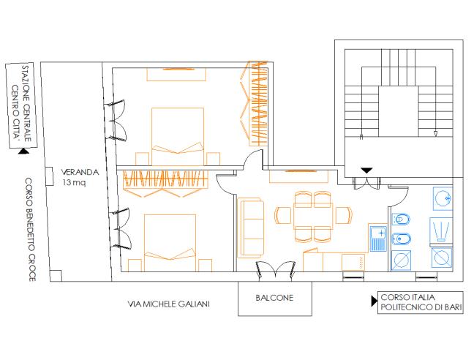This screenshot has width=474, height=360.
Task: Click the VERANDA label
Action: pos(80,172)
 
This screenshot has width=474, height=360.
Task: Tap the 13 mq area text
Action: pos(75,183)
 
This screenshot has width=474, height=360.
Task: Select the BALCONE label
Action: pos(274,298)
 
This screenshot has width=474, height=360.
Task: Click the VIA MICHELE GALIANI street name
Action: pos(169,304)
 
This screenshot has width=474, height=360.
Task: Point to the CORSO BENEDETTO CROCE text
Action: pos(29,230)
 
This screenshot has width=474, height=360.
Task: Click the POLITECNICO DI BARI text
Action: pos(421,307)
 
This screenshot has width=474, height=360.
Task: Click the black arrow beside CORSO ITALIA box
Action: pos(375,301)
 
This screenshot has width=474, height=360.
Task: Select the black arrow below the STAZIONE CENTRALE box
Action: pos(23,151)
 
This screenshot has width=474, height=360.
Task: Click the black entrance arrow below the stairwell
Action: pos(366,170)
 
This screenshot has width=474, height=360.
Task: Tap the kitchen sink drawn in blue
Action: pos(378,239)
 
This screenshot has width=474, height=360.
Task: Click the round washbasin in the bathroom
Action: pos(443,198)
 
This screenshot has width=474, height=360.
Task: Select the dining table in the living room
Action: pos(313,217)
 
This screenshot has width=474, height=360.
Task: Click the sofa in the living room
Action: pos(251,228)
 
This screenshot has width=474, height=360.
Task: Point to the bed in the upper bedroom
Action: pos(178,136)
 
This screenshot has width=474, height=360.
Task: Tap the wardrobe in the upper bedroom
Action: pos(258,104)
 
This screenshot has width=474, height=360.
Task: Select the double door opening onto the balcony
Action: pos(275,270)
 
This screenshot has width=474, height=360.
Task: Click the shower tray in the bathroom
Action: pos(441,230)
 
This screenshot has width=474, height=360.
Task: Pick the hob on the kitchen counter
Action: pos(353,263)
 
